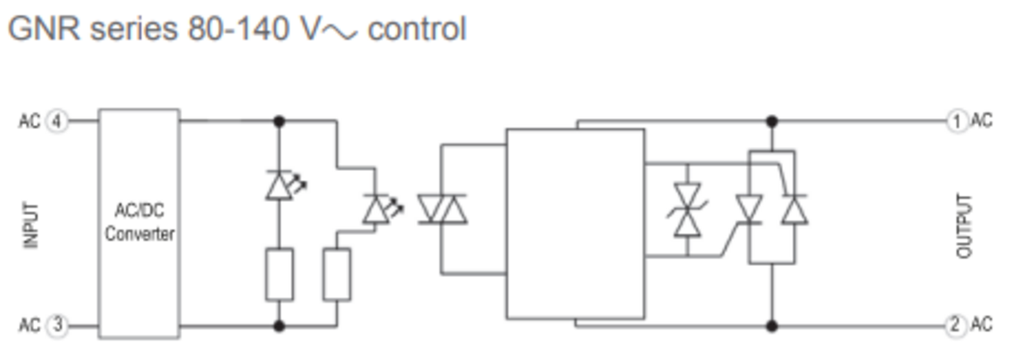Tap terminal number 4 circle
pyautogui.click(x=57, y=122)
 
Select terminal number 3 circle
pyautogui.click(x=57, y=325)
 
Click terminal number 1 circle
pyautogui.click(x=957, y=122)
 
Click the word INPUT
pyautogui.click(x=31, y=226)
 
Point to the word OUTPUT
pyautogui.click(x=964, y=226)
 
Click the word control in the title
pyautogui.click(x=417, y=29)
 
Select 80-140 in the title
pyautogui.click(x=239, y=29)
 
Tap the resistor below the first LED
pyautogui.click(x=279, y=274)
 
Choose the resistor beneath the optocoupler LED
pyautogui.click(x=336, y=274)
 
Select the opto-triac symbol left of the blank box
pyautogui.click(x=443, y=210)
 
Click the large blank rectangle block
pyautogui.click(x=576, y=224)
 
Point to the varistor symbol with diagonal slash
pyautogui.click(x=687, y=210)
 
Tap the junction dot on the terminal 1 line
pyautogui.click(x=772, y=122)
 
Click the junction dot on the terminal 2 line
pyautogui.click(x=772, y=326)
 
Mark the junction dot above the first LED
pyautogui.click(x=278, y=122)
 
